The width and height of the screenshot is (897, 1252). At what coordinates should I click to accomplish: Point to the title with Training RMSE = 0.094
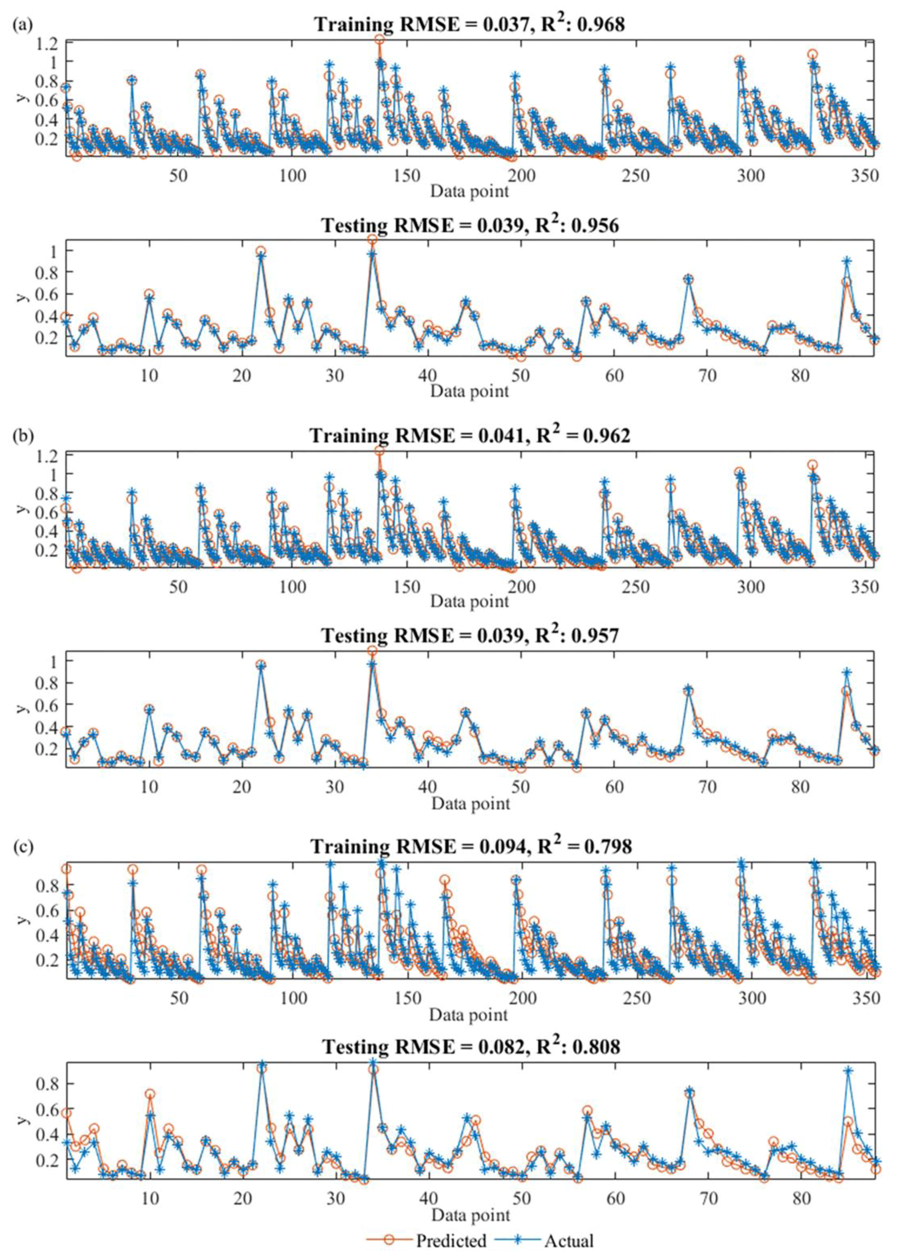tap(470, 846)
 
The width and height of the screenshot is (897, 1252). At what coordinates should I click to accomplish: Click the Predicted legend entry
tap(426, 1241)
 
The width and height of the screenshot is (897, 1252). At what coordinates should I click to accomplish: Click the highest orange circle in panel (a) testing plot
tap(372, 239)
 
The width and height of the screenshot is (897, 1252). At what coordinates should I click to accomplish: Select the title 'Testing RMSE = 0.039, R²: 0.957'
tap(470, 636)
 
